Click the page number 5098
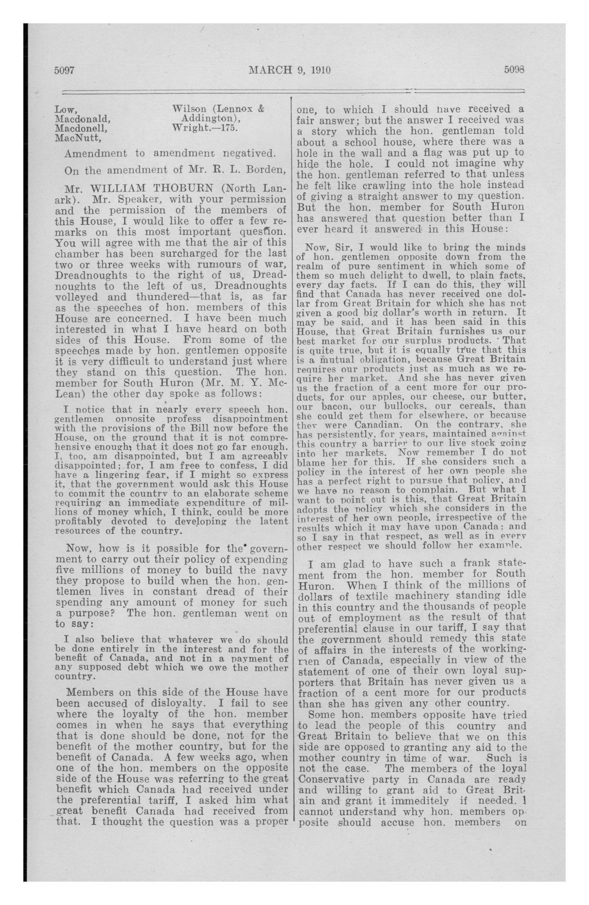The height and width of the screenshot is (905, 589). [x=514, y=70]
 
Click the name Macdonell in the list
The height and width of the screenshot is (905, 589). [x=81, y=129]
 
